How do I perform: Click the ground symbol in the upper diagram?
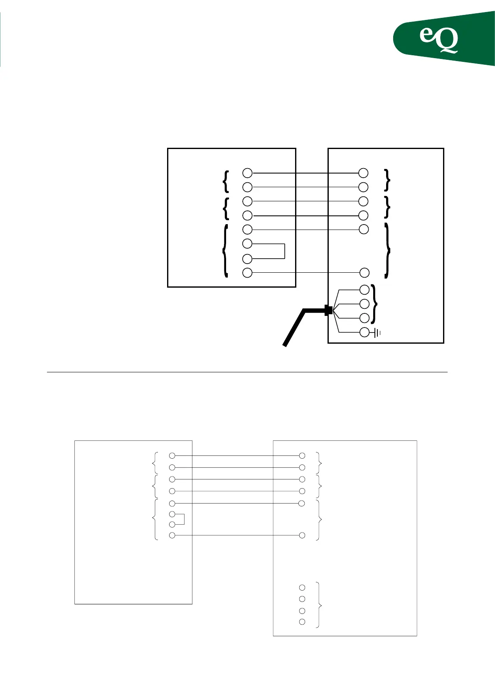coord(377,332)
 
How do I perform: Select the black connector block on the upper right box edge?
coord(328,310)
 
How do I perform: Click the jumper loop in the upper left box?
coord(284,251)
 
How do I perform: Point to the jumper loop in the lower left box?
coord(183,519)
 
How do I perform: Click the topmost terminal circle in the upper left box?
coord(247,173)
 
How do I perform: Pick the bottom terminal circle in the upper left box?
coord(247,273)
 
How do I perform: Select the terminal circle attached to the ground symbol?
coord(364,332)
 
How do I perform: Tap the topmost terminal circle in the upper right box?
coord(363,173)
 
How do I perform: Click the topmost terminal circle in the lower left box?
coord(172,455)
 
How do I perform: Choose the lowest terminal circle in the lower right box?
coord(302,622)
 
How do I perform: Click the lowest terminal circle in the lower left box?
coord(172,535)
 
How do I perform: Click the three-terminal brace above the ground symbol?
coord(375,303)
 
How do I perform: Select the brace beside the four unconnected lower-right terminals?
coord(318,605)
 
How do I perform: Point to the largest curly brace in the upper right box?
coord(388,250)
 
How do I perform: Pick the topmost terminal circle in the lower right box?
coord(302,455)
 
